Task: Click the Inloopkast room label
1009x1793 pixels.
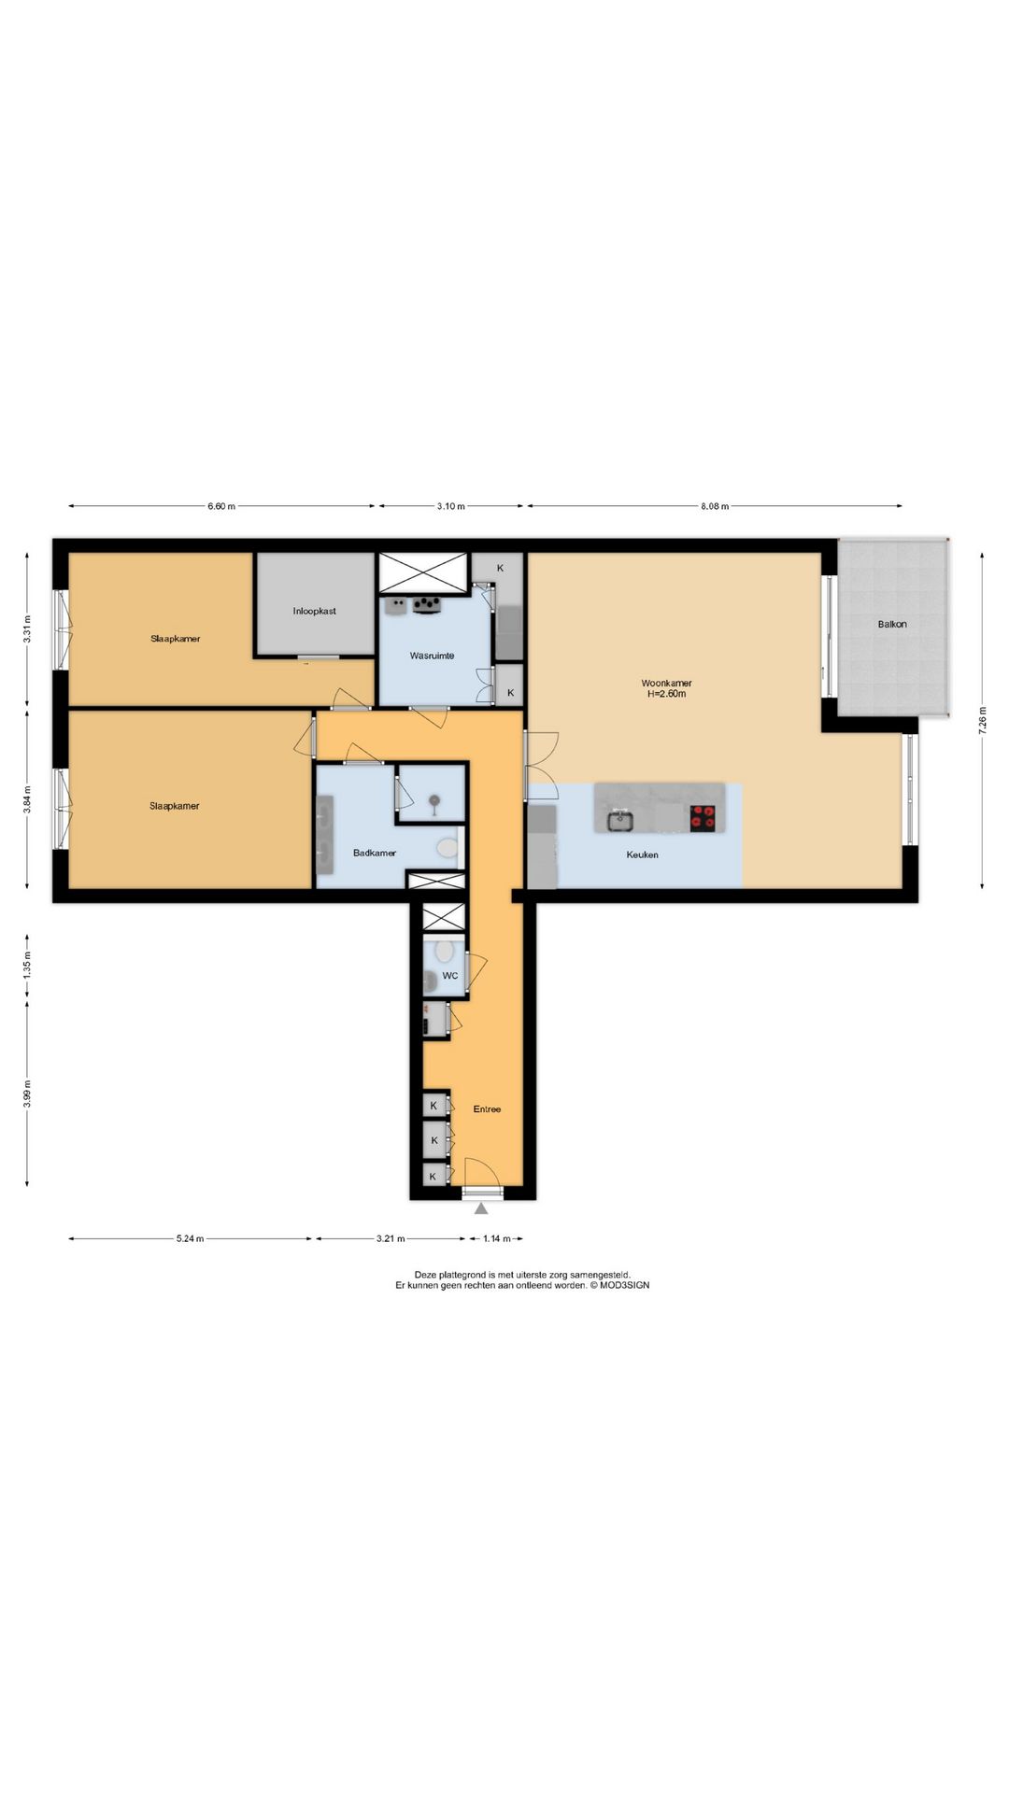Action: [x=314, y=611]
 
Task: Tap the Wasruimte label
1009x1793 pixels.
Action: [x=432, y=656]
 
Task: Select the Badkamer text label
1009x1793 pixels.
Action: [x=375, y=853]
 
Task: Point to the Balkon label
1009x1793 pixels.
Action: [x=892, y=624]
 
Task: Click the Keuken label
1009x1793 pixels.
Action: [x=642, y=854]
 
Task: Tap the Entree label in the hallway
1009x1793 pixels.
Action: [x=487, y=1109]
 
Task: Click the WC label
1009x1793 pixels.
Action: [x=450, y=976]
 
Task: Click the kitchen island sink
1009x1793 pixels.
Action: [x=619, y=821]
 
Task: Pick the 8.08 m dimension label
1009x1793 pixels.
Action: [x=715, y=506]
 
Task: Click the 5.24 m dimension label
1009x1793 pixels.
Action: [x=190, y=1239]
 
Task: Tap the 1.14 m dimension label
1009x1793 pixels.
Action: [x=497, y=1239]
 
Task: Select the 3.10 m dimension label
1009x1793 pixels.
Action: [x=450, y=506]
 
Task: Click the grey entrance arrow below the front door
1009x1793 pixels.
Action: [x=481, y=1208]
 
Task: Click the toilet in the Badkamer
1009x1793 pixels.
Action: [x=448, y=848]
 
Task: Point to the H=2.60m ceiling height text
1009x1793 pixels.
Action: [x=666, y=694]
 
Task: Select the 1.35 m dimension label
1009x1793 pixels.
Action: [x=27, y=964]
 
